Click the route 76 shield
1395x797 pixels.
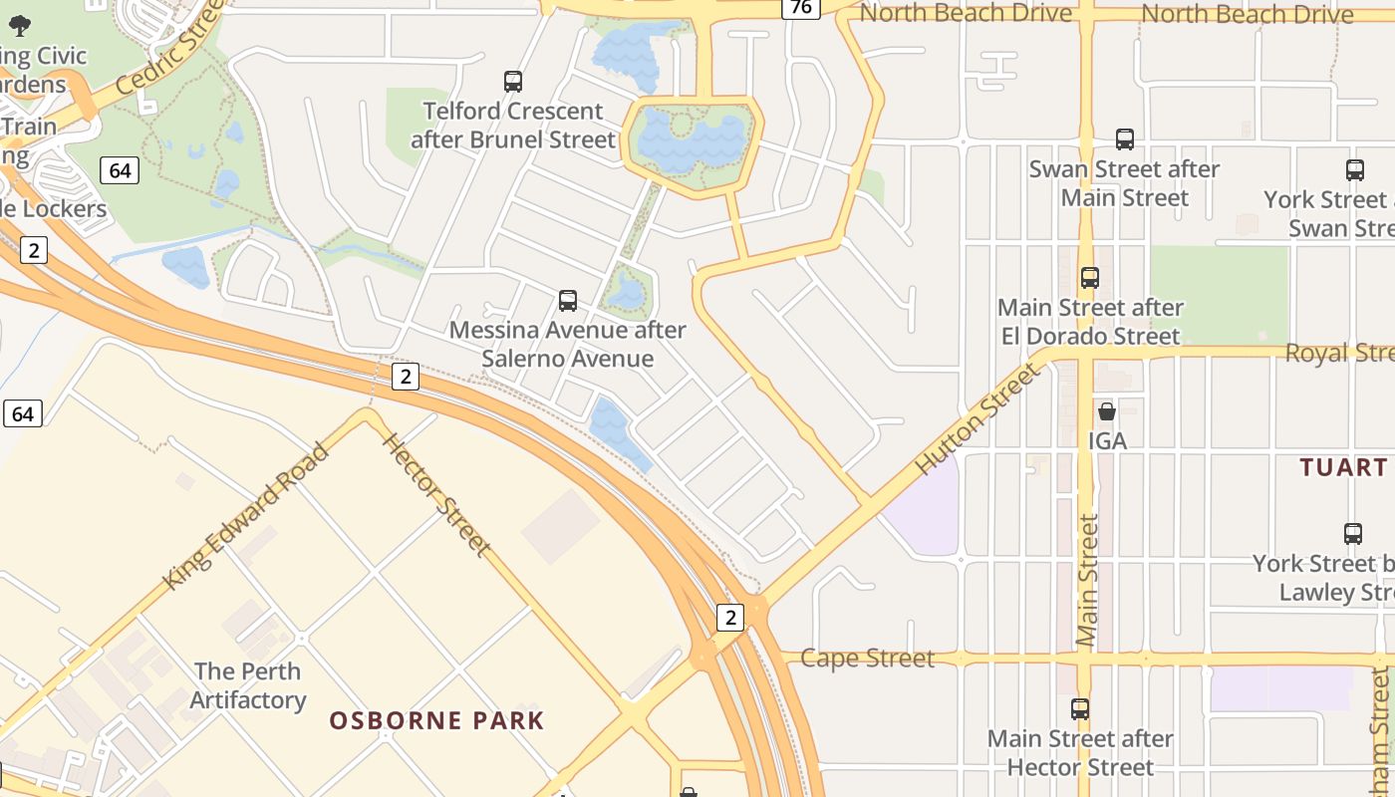pos(800,8)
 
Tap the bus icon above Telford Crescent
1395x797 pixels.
pos(513,82)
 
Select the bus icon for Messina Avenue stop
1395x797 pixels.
pos(568,300)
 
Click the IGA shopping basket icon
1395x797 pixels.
pos(1106,410)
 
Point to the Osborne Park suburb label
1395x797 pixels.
pos(437,720)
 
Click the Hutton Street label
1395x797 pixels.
pos(977,418)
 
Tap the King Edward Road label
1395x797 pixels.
pos(246,516)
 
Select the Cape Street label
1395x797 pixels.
pos(867,659)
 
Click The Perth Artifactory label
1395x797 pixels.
pos(248,685)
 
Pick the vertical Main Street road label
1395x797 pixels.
pos(1087,581)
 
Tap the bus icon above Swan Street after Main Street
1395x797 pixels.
pos(1125,139)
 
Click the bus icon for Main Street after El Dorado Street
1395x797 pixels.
pos(1090,278)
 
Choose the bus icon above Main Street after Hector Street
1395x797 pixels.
pos(1080,709)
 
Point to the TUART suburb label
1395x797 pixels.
pos(1344,467)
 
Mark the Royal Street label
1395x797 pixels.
pos(1339,354)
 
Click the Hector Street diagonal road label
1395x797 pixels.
pos(436,494)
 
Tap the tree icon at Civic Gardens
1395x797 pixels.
pos(20,26)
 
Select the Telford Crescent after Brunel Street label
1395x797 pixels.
pos(513,126)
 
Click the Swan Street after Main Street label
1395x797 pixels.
pos(1124,183)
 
